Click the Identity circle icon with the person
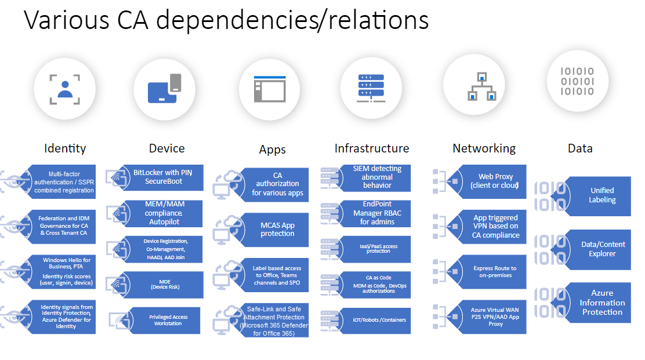click(x=64, y=89)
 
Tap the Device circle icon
click(x=165, y=89)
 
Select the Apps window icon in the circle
click(x=270, y=89)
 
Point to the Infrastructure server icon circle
click(x=371, y=88)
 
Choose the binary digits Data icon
click(x=578, y=81)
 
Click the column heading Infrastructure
click(x=372, y=148)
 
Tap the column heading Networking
click(x=484, y=148)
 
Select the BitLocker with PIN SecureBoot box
click(x=164, y=177)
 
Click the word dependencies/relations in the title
click(x=292, y=20)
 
